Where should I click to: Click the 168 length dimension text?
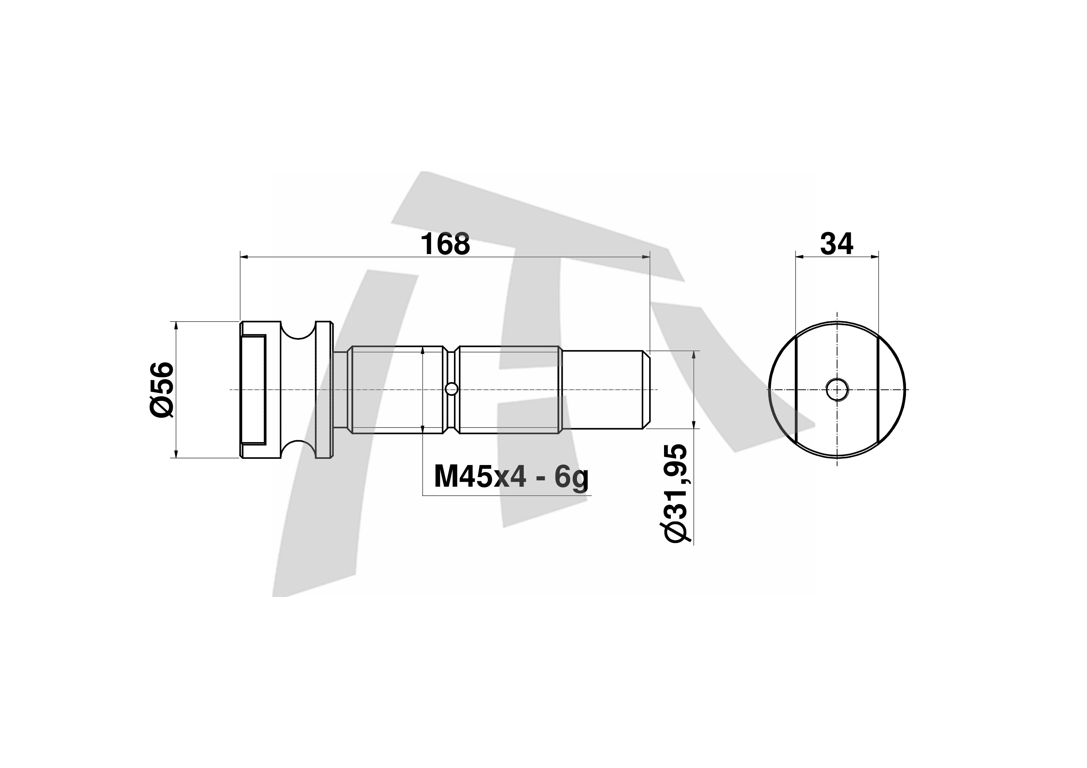coord(446,244)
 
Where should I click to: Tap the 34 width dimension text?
coord(837,244)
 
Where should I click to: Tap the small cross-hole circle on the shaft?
coord(452,389)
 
